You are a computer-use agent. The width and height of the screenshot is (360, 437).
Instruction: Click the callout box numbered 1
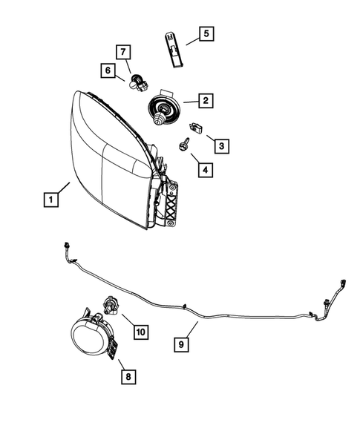[x=50, y=199]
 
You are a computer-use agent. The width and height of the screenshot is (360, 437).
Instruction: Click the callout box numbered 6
[x=108, y=71]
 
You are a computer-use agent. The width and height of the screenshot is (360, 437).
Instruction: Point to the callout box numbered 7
[x=124, y=52]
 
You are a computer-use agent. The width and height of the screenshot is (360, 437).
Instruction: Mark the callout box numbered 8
[x=128, y=378]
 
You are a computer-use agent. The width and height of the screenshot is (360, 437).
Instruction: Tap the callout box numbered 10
[x=140, y=332]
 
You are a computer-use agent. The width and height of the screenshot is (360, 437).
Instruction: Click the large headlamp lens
[x=104, y=160]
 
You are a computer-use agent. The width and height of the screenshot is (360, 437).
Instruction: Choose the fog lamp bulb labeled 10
[x=110, y=305]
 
